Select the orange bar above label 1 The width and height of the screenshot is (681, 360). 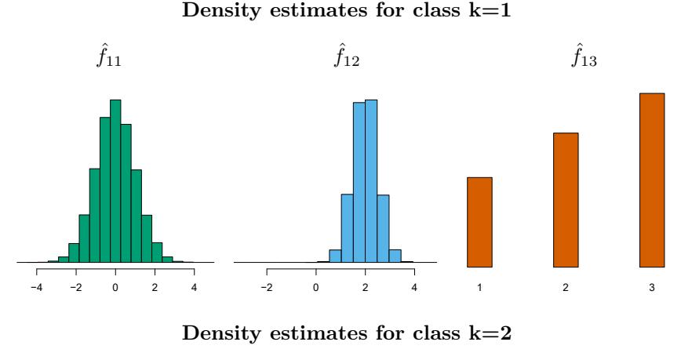tap(479, 222)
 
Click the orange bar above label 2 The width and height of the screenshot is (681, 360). tap(566, 200)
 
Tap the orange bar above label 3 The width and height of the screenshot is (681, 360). tap(652, 180)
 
